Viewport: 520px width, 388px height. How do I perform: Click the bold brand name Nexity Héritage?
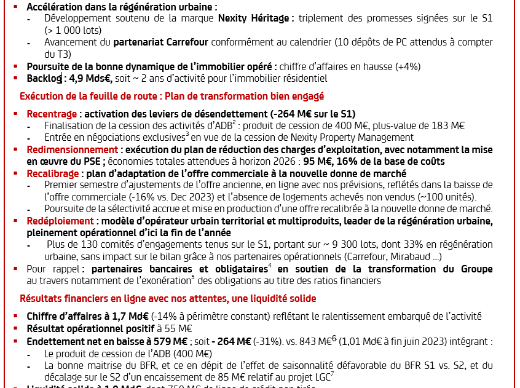254,18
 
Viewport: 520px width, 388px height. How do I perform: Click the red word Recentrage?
52,114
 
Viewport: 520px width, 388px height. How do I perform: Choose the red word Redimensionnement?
72,149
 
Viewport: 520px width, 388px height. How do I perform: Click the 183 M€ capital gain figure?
445,126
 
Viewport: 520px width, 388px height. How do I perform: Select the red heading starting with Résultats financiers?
168,299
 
